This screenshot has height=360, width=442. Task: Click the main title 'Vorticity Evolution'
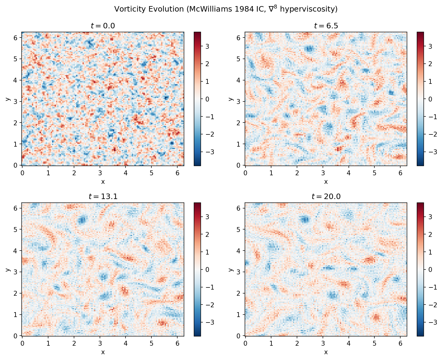tap(226, 9)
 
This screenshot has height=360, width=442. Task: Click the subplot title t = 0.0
tap(103, 26)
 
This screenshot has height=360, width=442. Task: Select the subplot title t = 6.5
tap(326, 26)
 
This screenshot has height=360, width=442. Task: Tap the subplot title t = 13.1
tap(103, 197)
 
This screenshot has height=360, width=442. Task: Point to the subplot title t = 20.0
tap(326, 197)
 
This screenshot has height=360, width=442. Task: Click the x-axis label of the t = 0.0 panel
tap(103, 182)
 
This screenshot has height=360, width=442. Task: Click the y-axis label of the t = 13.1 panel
tap(7, 269)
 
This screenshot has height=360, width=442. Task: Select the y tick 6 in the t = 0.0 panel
tap(16, 37)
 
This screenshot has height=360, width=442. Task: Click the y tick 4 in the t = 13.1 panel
tap(16, 251)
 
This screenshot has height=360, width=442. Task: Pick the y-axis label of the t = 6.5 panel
tap(231, 99)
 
